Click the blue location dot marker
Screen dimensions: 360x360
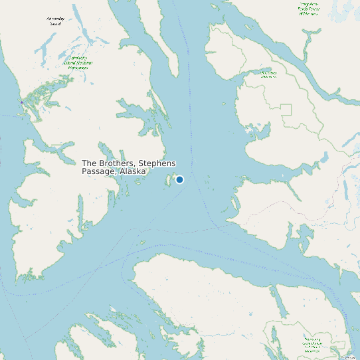click(179, 179)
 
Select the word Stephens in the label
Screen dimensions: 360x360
click(157, 163)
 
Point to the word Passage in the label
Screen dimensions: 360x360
click(98, 171)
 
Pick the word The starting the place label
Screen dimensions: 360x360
click(90, 163)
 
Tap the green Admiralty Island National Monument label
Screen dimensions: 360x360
click(79, 62)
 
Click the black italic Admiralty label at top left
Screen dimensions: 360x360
click(55, 21)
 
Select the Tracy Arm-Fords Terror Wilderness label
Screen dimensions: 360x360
click(309, 8)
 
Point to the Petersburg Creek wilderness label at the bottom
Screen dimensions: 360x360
click(312, 344)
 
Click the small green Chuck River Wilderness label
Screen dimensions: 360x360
click(268, 74)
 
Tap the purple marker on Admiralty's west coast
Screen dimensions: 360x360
click(22, 102)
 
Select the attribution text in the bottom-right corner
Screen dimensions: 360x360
click(348, 357)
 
